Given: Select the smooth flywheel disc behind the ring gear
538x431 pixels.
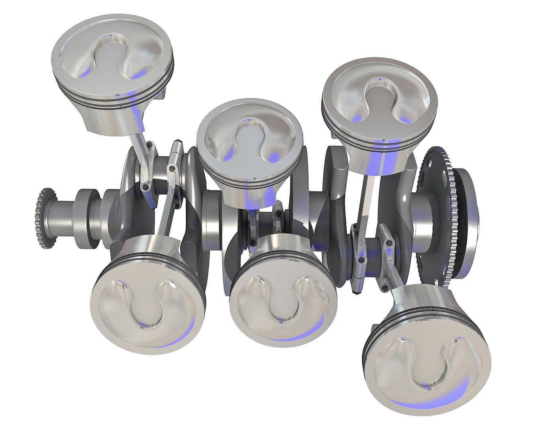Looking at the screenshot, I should tap(466, 223).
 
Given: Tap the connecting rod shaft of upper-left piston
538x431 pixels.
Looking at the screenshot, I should tap(137, 152).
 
